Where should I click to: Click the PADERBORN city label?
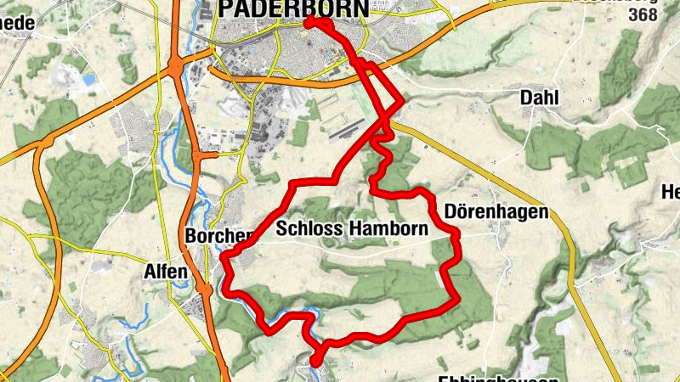click(x=293, y=8)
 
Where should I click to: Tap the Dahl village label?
click(x=539, y=98)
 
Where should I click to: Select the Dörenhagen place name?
click(x=497, y=212)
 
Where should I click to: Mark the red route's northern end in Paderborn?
click(x=308, y=22)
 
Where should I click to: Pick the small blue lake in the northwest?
click(x=88, y=81)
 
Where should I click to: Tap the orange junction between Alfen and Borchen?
click(x=205, y=289)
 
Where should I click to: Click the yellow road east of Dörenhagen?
click(x=579, y=255)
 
